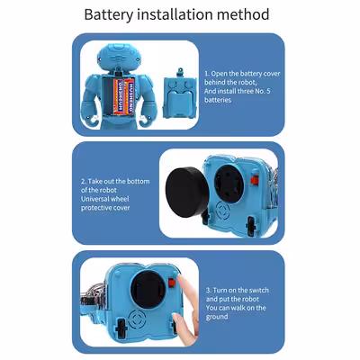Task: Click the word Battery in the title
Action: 108,15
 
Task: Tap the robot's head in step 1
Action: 120,56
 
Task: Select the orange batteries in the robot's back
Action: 123,96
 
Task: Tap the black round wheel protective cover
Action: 186,193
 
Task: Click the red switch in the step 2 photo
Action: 255,180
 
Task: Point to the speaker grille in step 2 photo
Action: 223,210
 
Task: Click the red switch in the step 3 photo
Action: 172,283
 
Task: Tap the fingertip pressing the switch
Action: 183,281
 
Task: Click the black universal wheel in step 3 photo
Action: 148,290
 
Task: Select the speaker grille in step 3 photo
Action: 137,320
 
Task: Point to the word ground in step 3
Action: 217,317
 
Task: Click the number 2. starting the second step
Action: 84,182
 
